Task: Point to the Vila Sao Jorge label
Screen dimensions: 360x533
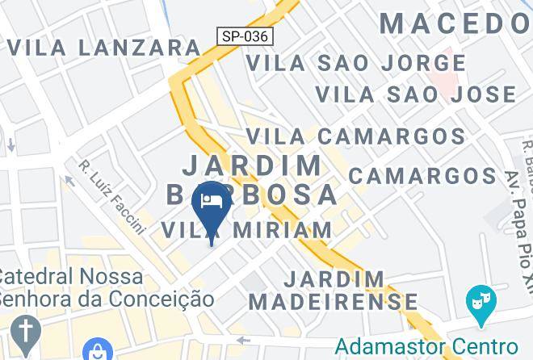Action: (x=355, y=62)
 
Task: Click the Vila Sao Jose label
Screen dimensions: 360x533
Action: (x=415, y=94)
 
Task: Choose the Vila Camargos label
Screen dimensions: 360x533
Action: (x=355, y=136)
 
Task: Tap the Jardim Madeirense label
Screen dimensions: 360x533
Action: (x=334, y=291)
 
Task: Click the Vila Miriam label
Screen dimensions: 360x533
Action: (x=247, y=230)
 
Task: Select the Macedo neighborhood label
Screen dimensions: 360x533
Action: (x=455, y=23)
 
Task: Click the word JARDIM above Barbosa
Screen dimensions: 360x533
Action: (x=252, y=165)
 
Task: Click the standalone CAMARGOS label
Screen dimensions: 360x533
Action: (x=422, y=175)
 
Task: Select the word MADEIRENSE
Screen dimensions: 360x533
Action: (x=334, y=303)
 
